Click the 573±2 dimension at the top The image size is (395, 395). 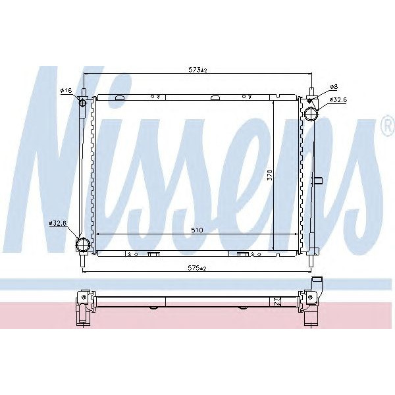coord(197,70)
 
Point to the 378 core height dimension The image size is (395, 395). coord(269,175)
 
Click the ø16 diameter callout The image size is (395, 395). coord(66,90)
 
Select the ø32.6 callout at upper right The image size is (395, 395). coord(338,101)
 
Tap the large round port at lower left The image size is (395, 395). coord(83,244)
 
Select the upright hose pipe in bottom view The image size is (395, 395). coord(319,287)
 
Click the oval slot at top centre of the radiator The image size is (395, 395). coord(215,99)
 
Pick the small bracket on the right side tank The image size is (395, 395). coord(318,180)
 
